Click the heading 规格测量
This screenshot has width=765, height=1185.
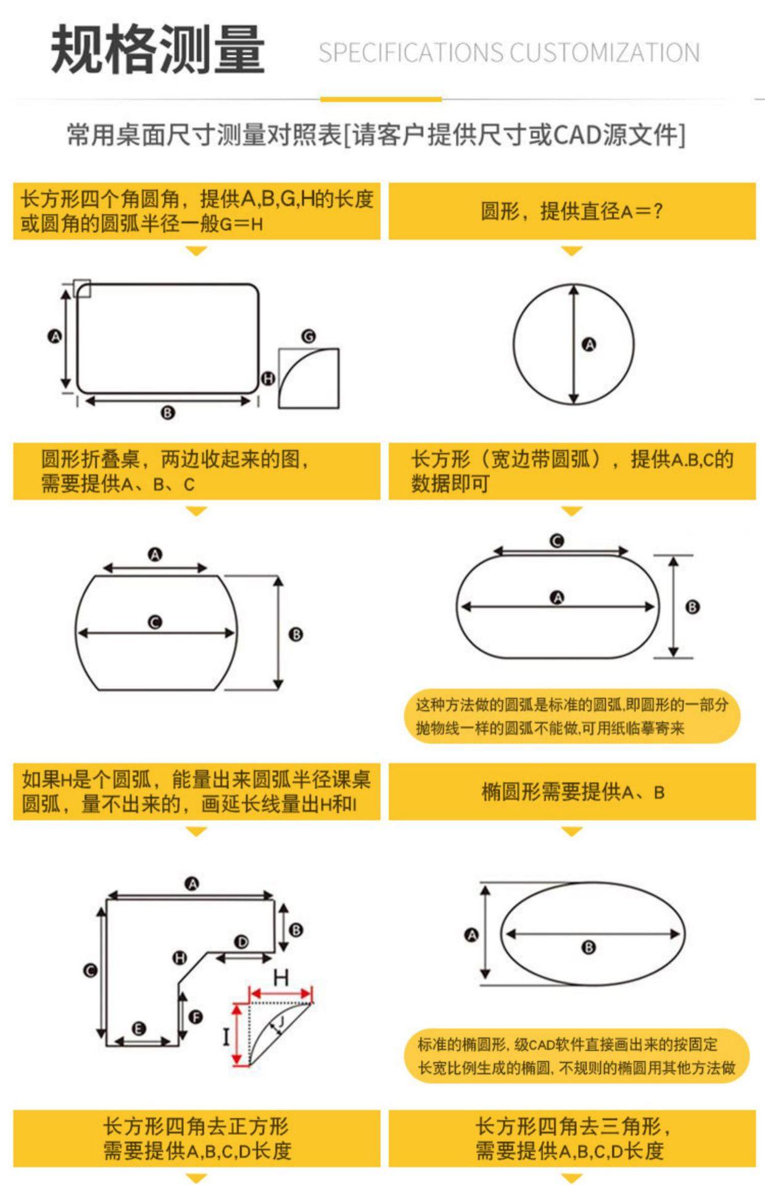[158, 49]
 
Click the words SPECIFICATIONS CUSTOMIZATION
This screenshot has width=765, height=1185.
[509, 53]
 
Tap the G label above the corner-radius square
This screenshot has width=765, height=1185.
[308, 336]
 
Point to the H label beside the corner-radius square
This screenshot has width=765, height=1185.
[268, 378]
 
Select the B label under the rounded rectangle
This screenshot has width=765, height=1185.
[167, 413]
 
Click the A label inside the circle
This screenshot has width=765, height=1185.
[589, 344]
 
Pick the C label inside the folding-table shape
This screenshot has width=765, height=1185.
[155, 622]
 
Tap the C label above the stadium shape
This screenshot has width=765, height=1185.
[556, 541]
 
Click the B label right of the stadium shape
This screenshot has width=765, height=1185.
[692, 607]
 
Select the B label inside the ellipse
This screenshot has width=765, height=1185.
[589, 947]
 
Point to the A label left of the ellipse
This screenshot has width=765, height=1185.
[471, 935]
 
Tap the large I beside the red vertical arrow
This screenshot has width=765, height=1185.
[226, 1036]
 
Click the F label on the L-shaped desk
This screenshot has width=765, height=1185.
[196, 1017]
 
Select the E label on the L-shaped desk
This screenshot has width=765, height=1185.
[139, 1028]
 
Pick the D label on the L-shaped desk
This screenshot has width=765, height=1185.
[241, 942]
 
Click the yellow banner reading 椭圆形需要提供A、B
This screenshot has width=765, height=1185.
[572, 792]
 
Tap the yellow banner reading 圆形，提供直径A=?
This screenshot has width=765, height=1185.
[572, 211]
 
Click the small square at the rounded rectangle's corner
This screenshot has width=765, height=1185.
[82, 288]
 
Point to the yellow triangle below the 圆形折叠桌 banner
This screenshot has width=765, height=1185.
[196, 512]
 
